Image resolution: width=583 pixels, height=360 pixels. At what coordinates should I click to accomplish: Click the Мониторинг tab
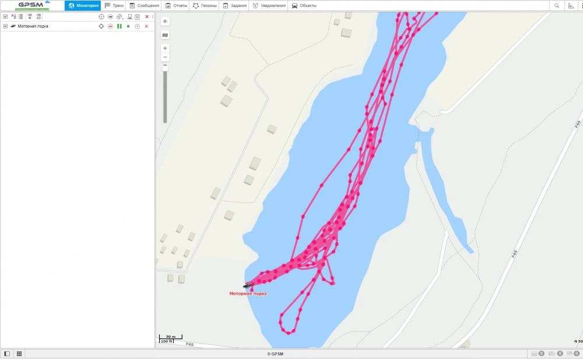(x=83, y=6)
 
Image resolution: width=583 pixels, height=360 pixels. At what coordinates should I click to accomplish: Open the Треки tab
(x=114, y=6)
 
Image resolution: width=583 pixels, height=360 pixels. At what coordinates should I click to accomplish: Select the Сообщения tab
(x=144, y=6)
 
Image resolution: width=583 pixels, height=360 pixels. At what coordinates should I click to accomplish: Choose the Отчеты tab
(x=176, y=6)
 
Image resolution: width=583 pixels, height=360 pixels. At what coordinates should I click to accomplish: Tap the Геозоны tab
(x=205, y=6)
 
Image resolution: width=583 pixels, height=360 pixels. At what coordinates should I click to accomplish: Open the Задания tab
(x=235, y=6)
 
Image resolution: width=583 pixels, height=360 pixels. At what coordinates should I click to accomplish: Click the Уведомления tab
(x=269, y=6)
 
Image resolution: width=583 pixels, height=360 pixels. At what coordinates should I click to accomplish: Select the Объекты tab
(x=304, y=6)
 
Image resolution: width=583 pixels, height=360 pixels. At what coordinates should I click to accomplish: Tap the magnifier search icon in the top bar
(x=557, y=6)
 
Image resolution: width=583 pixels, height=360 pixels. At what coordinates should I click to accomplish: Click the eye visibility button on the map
(x=165, y=22)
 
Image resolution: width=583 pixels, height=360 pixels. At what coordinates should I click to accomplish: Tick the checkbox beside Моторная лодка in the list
(x=5, y=26)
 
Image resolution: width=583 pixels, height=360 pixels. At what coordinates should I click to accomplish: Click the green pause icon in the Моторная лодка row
(x=119, y=26)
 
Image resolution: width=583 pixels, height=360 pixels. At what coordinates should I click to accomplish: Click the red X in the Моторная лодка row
(x=146, y=26)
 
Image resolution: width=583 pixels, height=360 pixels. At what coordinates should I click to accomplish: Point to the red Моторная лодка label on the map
(x=248, y=293)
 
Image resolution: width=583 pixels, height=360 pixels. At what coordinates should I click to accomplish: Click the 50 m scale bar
(x=170, y=337)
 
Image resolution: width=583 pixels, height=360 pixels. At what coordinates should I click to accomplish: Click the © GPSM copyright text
(x=275, y=354)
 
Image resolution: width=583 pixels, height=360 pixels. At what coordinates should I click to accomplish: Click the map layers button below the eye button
(x=165, y=35)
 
